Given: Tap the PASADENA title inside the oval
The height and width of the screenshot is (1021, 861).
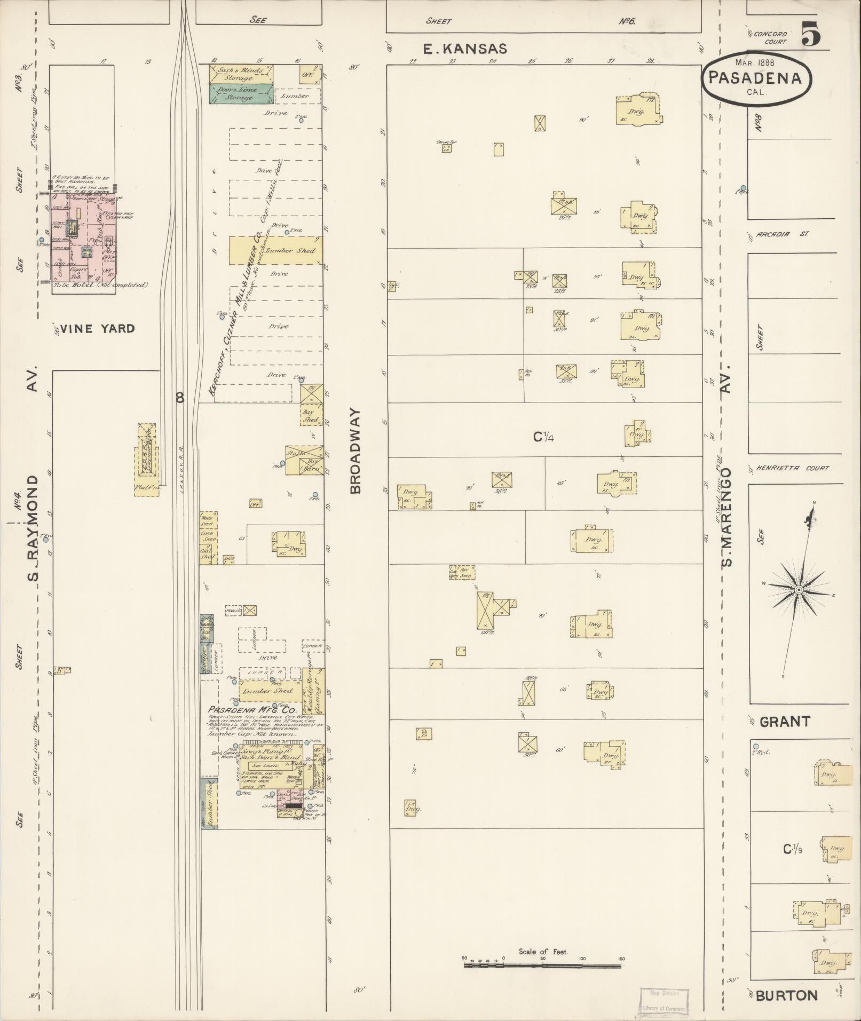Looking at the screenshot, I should [x=755, y=78].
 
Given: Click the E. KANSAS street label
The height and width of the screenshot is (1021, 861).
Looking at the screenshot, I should [x=464, y=49].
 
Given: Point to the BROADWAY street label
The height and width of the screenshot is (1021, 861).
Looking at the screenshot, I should [x=357, y=452].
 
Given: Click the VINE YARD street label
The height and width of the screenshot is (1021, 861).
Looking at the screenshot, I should [x=97, y=329].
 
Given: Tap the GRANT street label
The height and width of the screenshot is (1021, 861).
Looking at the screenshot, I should [x=784, y=722].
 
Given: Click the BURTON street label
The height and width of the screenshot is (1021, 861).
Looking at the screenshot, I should [x=787, y=995].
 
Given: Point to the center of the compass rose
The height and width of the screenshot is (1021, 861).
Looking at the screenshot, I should [x=799, y=590].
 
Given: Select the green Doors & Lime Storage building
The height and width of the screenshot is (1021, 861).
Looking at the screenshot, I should [x=241, y=94].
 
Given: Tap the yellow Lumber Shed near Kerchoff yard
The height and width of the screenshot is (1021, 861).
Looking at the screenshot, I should [x=275, y=251].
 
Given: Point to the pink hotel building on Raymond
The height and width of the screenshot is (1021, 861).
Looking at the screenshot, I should [x=83, y=238].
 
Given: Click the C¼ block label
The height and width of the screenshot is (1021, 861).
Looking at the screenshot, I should [x=544, y=437].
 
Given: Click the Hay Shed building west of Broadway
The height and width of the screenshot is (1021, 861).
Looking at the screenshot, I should [x=311, y=414].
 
